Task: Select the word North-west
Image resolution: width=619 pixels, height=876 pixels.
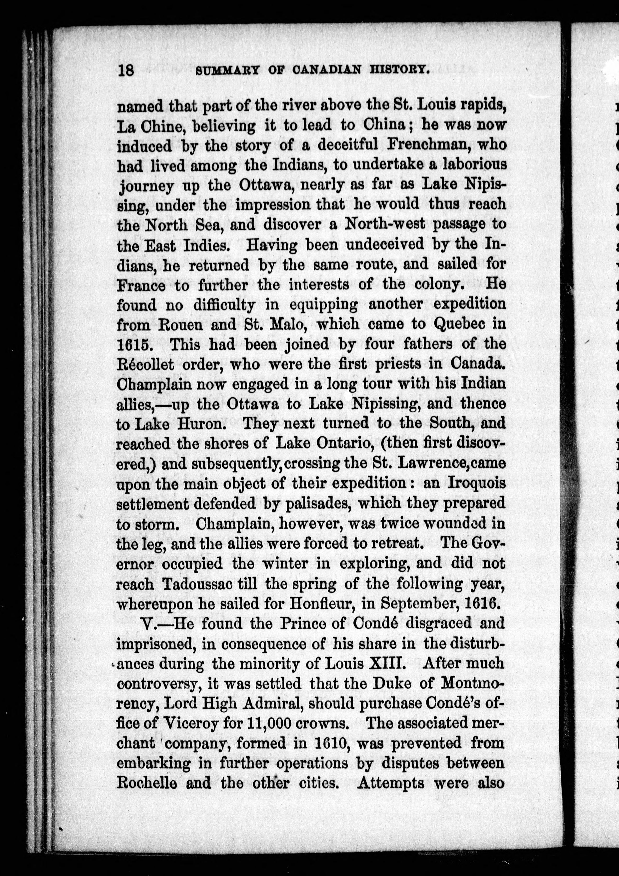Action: pos(385,224)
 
